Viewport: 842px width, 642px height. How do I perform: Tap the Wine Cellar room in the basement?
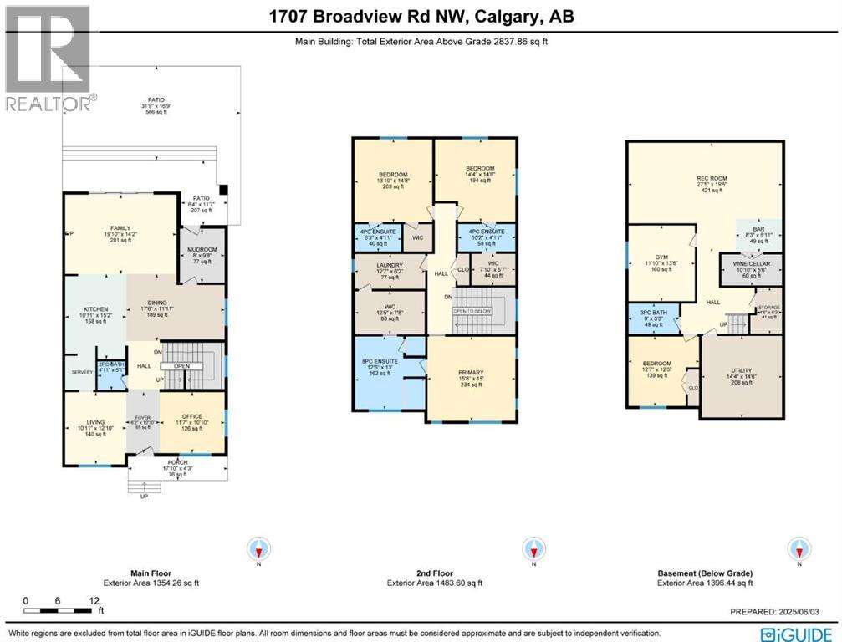tap(750, 269)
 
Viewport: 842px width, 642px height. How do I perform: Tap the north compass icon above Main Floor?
tap(260, 549)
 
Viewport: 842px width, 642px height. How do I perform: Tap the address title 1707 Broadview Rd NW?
tap(421, 17)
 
